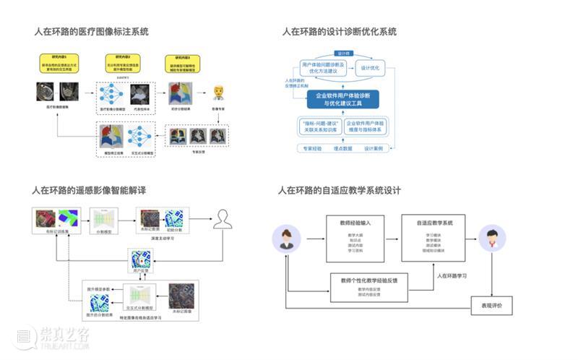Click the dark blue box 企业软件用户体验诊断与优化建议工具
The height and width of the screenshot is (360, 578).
tap(342, 99)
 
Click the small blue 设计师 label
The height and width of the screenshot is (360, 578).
tap(344, 52)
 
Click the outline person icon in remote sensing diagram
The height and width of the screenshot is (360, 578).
tap(222, 218)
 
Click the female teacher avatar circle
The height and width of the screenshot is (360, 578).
tap(286, 239)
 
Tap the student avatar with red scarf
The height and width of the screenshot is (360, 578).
tap(492, 239)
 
